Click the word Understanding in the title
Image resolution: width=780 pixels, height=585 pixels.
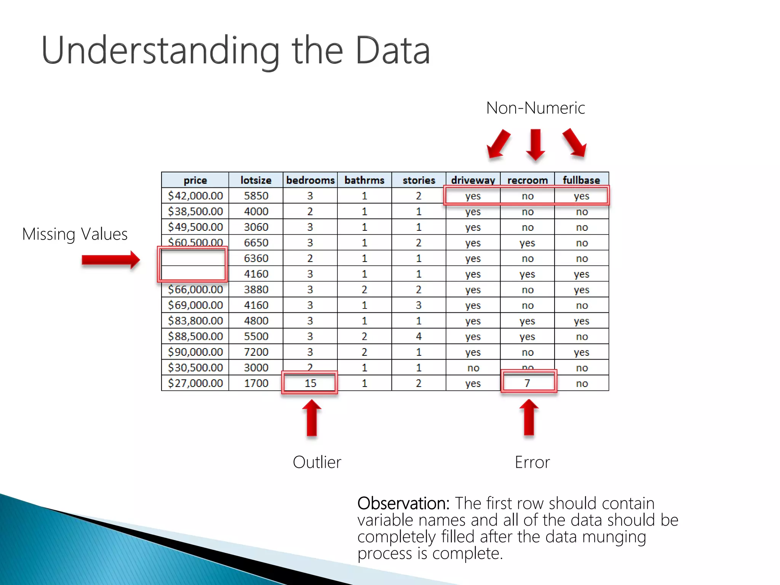[160, 51]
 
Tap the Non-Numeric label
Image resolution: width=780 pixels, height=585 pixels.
[535, 108]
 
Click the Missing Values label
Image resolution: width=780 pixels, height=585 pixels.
[75, 234]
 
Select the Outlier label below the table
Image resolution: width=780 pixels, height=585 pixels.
[317, 462]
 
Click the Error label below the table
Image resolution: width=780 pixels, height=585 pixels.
[532, 462]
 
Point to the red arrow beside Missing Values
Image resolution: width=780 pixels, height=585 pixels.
[111, 260]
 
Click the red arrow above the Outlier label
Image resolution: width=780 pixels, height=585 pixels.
[312, 417]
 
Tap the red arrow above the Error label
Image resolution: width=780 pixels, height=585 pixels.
[529, 417]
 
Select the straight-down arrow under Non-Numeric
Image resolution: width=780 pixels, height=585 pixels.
[535, 144]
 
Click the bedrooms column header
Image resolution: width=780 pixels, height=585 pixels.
[310, 180]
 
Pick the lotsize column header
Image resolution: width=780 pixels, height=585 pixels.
[256, 180]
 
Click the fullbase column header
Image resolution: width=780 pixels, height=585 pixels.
[581, 180]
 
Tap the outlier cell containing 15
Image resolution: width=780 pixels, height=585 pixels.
[310, 383]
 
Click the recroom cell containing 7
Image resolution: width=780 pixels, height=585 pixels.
[527, 383]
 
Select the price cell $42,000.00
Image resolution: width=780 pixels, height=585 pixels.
[195, 196]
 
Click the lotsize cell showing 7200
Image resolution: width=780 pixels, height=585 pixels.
[256, 352]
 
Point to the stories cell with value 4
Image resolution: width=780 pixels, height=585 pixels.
[419, 336]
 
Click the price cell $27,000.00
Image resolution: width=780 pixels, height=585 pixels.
[195, 383]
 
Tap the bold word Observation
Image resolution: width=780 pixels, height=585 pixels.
[403, 503]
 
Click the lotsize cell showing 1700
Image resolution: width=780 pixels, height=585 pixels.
[256, 383]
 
